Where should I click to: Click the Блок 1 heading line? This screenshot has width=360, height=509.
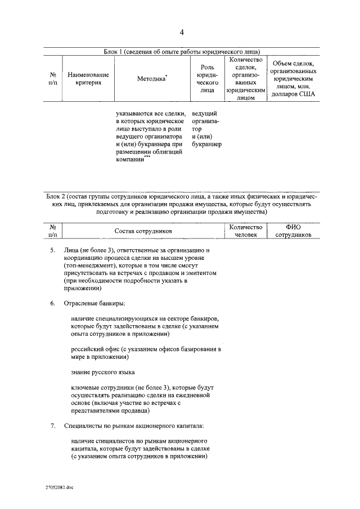click(x=181, y=51)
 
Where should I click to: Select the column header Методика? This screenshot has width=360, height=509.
click(x=151, y=79)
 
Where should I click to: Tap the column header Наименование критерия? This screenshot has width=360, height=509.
click(x=88, y=79)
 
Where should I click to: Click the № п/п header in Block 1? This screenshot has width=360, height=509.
click(x=53, y=79)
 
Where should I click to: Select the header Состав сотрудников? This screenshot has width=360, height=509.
click(x=143, y=231)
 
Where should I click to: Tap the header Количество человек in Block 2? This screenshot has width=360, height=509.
click(x=246, y=231)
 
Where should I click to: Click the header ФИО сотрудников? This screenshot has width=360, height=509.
click(x=294, y=231)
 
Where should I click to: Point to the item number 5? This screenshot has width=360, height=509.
click(x=52, y=249)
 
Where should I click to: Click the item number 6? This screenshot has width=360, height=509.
click(x=52, y=304)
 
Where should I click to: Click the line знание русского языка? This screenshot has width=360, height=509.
click(x=103, y=373)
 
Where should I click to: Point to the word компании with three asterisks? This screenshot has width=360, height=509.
click(x=130, y=160)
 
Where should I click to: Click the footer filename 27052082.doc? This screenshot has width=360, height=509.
click(x=60, y=489)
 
